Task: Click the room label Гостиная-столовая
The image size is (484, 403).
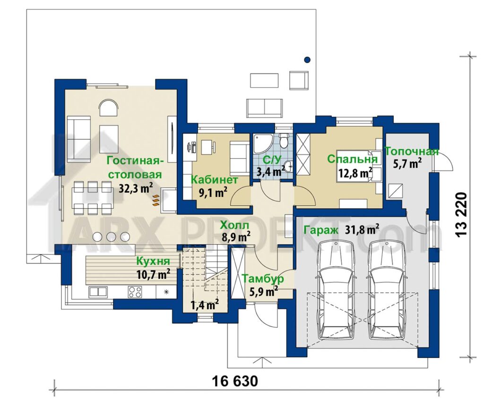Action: pos(134,167)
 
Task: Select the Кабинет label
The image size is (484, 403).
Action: pos(214,179)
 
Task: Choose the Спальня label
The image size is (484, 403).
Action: pos(352,160)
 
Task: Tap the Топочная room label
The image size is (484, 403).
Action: pos(412,152)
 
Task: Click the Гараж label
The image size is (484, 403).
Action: pos(321,231)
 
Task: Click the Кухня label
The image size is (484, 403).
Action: pos(153,261)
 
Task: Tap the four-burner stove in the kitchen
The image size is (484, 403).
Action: pos(135,291)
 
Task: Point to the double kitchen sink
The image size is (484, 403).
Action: pos(98,292)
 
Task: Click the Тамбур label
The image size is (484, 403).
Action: pos(263,279)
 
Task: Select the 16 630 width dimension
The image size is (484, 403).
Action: pos(235,382)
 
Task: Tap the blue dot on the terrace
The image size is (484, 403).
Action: pos(307,60)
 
